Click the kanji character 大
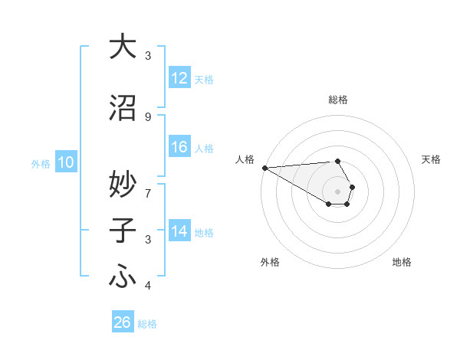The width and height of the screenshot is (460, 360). point(123,47)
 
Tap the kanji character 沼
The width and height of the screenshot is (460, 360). point(123,108)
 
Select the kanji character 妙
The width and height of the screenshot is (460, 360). point(123,183)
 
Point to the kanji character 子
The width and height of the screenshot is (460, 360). point(123,231)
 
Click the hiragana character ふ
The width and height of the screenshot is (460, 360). point(123,277)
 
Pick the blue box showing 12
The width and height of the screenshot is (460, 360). point(179,78)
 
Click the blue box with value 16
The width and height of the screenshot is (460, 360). point(179,147)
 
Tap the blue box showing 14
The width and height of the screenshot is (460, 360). point(179,231)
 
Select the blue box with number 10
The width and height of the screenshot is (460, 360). point(65,162)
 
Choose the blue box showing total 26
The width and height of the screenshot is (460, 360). point(123,322)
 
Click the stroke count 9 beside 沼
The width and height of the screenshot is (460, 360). point(148,116)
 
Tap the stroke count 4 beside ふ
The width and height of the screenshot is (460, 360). point(148,286)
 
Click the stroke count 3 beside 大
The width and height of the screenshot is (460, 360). point(148,55)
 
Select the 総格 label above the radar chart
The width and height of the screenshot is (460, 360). point(337,100)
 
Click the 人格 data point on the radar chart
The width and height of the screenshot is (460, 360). point(264,168)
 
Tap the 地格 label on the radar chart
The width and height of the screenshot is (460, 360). point(402,262)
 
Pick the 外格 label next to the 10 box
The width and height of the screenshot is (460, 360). point(41,163)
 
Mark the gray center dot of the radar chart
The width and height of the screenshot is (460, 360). point(337,191)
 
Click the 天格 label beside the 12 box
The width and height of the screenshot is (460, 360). point(204,79)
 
